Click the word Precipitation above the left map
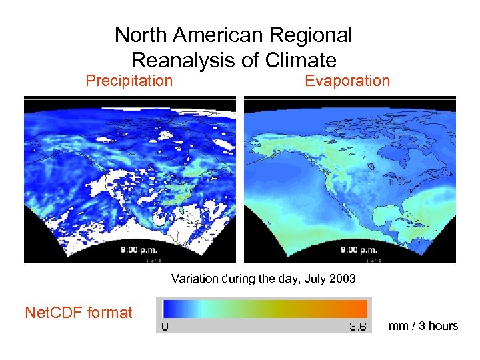click(129, 81)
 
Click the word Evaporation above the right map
click(347, 81)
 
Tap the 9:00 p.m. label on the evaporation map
click(358, 251)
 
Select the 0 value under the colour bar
click(165, 327)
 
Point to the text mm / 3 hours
click(423, 326)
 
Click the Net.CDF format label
click(78, 312)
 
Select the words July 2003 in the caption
click(331, 278)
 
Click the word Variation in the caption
click(194, 278)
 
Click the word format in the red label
click(110, 312)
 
